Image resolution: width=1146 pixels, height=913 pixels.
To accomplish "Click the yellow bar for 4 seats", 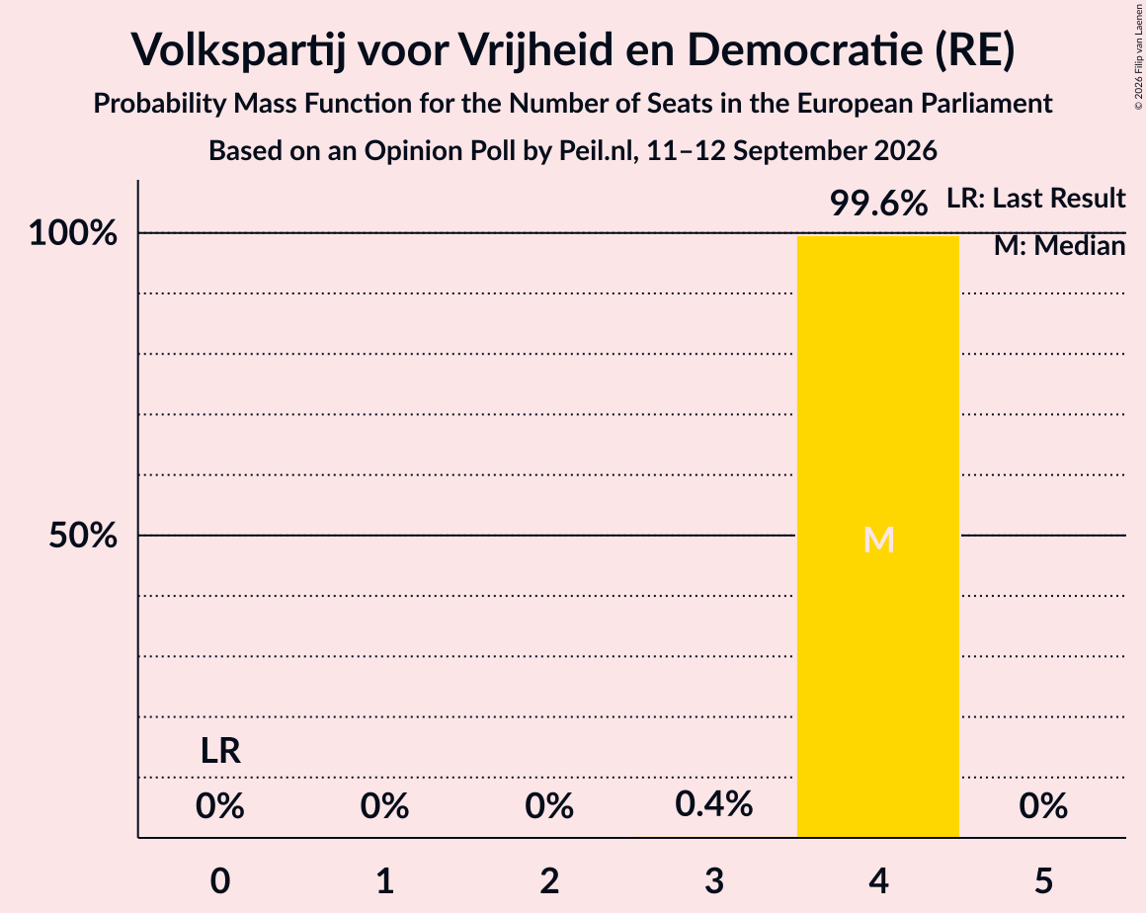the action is [877, 537].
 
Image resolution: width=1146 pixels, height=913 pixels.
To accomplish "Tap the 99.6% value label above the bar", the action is [878, 204].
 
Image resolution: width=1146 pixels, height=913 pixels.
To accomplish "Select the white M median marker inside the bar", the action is [878, 540].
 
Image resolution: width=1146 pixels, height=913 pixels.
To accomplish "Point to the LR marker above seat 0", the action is [220, 751].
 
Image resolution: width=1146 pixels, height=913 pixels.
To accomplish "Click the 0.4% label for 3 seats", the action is [713, 805].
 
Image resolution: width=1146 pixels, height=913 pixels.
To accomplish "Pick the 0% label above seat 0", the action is [220, 806].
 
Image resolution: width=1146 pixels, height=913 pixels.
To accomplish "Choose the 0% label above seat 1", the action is [384, 806].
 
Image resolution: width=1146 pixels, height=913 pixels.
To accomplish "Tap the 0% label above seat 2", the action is [549, 806].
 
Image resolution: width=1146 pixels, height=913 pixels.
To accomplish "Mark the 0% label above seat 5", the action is [1043, 806].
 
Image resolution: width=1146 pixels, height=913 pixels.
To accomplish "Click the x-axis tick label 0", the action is [220, 880].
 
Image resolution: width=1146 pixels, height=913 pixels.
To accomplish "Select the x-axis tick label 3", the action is [714, 880].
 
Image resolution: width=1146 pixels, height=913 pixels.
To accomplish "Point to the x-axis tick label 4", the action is [878, 880].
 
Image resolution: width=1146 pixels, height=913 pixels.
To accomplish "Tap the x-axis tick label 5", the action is [1043, 880].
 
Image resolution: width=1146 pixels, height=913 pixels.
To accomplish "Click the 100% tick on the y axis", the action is [73, 234].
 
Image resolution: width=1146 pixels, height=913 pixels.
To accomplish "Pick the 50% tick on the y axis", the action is [83, 536].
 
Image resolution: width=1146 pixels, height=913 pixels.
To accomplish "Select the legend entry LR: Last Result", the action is [1036, 198].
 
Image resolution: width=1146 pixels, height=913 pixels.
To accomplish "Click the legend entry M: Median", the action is [1060, 246].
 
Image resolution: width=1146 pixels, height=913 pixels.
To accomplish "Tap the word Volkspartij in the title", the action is [238, 50].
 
